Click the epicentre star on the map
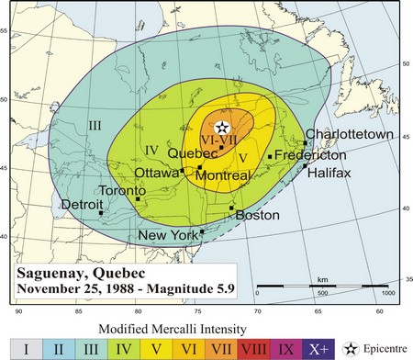click(221, 128)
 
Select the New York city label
click(169, 236)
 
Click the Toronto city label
click(122, 190)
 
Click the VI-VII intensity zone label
click(220, 141)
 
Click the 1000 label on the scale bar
click(388, 292)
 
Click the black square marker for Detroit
click(101, 213)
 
